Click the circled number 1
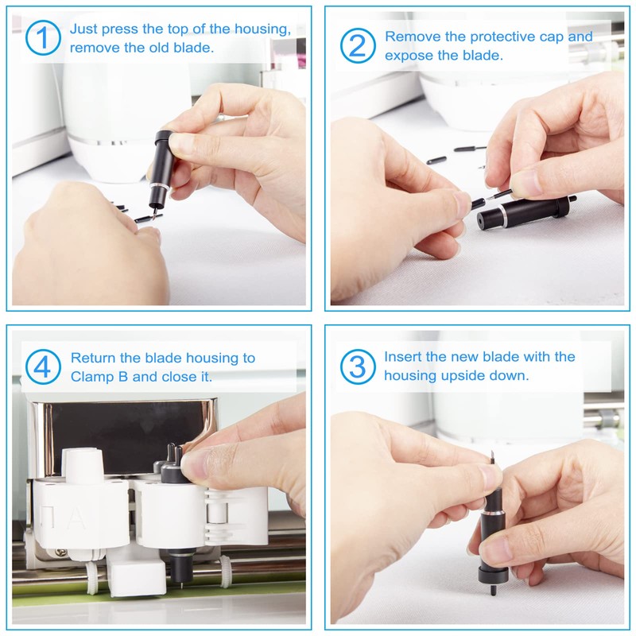(43, 37)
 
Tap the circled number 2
(358, 45)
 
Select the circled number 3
(358, 366)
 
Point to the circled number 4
(43, 366)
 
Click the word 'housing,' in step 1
(263, 29)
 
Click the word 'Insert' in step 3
(403, 356)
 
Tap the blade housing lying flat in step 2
(525, 213)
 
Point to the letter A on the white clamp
(76, 519)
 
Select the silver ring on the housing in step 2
(503, 215)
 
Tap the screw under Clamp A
(62, 552)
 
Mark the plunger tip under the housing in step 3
(493, 589)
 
